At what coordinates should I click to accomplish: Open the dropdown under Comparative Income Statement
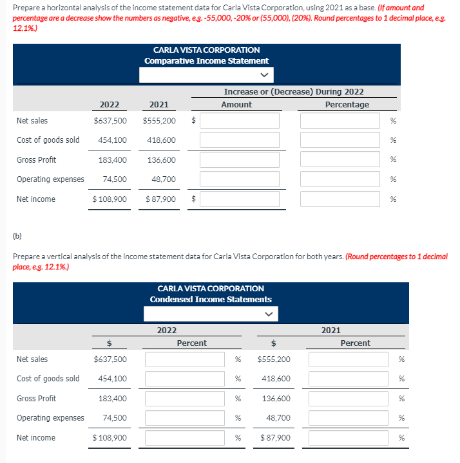click(x=206, y=75)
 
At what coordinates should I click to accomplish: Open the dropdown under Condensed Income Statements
click(x=211, y=314)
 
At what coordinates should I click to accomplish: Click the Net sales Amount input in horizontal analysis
click(x=239, y=120)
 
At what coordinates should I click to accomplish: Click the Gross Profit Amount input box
click(x=239, y=159)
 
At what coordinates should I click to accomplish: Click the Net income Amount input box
click(x=239, y=199)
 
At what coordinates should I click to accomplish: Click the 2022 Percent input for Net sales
click(x=185, y=359)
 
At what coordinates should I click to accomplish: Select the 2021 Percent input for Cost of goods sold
click(x=349, y=379)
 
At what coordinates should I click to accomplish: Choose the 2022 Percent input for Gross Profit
click(x=185, y=399)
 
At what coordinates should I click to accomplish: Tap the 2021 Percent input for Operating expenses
click(x=349, y=418)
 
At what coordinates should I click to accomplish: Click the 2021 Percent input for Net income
click(x=349, y=438)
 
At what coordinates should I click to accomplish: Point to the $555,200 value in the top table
click(x=159, y=120)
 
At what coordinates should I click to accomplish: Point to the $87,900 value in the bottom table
click(x=275, y=438)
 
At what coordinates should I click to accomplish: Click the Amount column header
click(x=236, y=104)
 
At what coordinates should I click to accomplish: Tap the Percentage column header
click(x=347, y=104)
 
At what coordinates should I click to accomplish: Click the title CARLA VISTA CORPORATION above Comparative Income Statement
click(x=206, y=50)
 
